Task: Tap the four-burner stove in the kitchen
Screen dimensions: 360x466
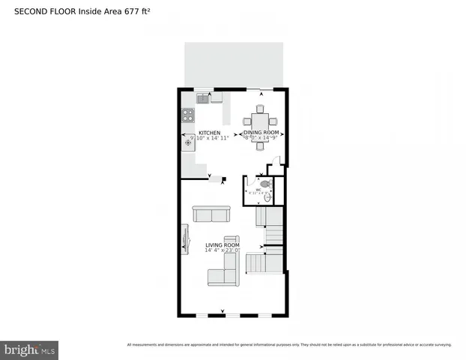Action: (x=188, y=115)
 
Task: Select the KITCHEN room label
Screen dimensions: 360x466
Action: (x=209, y=133)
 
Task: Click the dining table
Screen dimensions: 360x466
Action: (x=259, y=121)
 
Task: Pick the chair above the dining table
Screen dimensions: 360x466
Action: (x=259, y=109)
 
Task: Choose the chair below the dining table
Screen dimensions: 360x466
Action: (x=259, y=145)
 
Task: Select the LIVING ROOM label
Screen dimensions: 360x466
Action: (x=223, y=245)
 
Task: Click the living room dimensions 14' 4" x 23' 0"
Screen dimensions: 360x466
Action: (x=223, y=251)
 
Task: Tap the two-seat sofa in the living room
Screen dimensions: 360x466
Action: (x=211, y=214)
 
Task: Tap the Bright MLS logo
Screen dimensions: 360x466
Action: (x=30, y=349)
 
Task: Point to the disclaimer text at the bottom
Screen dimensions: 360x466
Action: (x=288, y=345)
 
